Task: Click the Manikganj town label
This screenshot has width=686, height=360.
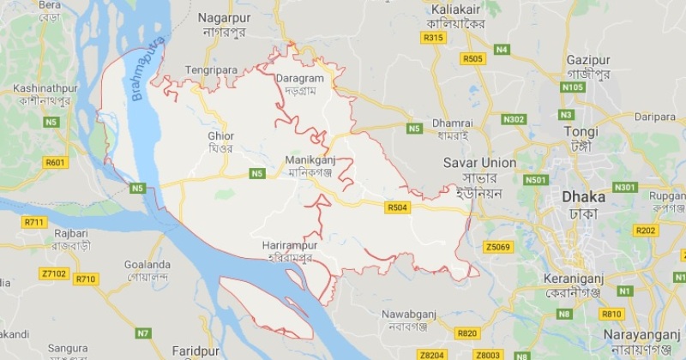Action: click(310, 159)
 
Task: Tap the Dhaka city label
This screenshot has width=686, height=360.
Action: click(583, 196)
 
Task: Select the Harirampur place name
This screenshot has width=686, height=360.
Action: click(292, 246)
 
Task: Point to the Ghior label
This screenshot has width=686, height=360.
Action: click(220, 135)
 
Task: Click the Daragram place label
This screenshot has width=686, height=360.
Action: click(299, 79)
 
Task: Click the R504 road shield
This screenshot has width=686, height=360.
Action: click(397, 207)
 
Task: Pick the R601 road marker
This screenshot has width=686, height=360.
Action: click(55, 162)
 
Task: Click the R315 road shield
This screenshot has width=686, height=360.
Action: click(433, 38)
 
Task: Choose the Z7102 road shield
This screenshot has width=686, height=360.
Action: click(53, 273)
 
